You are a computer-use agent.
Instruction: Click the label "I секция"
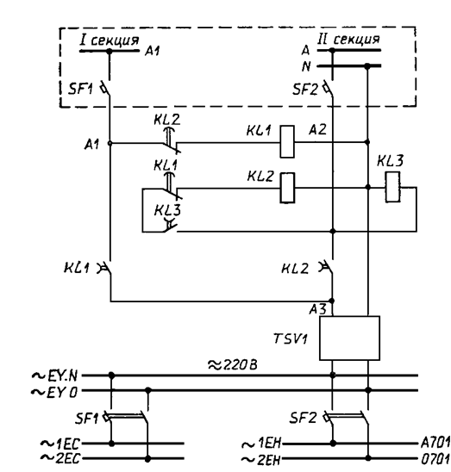(110, 40)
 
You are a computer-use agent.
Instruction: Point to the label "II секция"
(348, 39)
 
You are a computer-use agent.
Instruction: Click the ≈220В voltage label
(233, 365)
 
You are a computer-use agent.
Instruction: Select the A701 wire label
(435, 442)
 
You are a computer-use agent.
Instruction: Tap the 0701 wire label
(435, 459)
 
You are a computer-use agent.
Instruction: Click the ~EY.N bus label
(54, 376)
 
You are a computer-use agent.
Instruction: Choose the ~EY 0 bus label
(54, 392)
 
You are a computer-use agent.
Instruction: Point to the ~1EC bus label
(60, 444)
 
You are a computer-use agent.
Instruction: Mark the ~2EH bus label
(261, 460)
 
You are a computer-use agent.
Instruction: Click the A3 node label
(317, 309)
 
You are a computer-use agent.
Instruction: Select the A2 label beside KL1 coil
(317, 130)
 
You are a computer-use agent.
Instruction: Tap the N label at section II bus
(306, 66)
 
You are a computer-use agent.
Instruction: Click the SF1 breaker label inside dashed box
(80, 89)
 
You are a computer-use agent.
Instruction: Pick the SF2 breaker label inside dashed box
(305, 90)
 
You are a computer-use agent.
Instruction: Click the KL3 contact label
(167, 210)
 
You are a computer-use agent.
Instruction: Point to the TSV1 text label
(291, 338)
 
